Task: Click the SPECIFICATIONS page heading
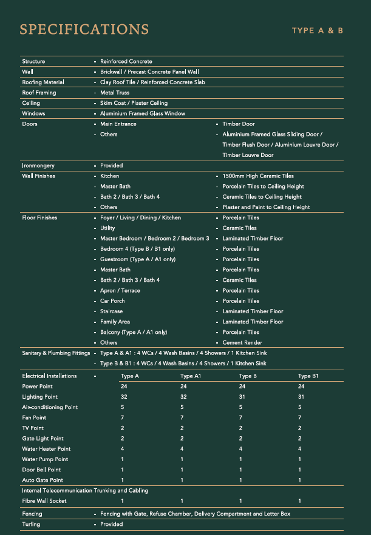click(84, 30)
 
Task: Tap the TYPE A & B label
click(317, 31)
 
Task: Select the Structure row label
click(33, 62)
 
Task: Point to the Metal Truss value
click(115, 93)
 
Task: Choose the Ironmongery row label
click(38, 165)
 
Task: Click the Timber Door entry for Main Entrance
click(239, 124)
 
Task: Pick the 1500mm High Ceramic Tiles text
click(258, 176)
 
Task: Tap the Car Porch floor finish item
click(112, 301)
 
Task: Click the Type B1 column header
click(308, 376)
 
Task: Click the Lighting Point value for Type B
click(242, 397)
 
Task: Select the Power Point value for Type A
click(124, 387)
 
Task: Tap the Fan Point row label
click(34, 417)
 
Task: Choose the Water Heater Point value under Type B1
click(300, 449)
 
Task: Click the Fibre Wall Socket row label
click(44, 501)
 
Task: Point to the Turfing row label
click(31, 525)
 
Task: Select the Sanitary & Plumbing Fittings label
click(56, 353)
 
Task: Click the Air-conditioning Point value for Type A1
click(183, 407)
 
